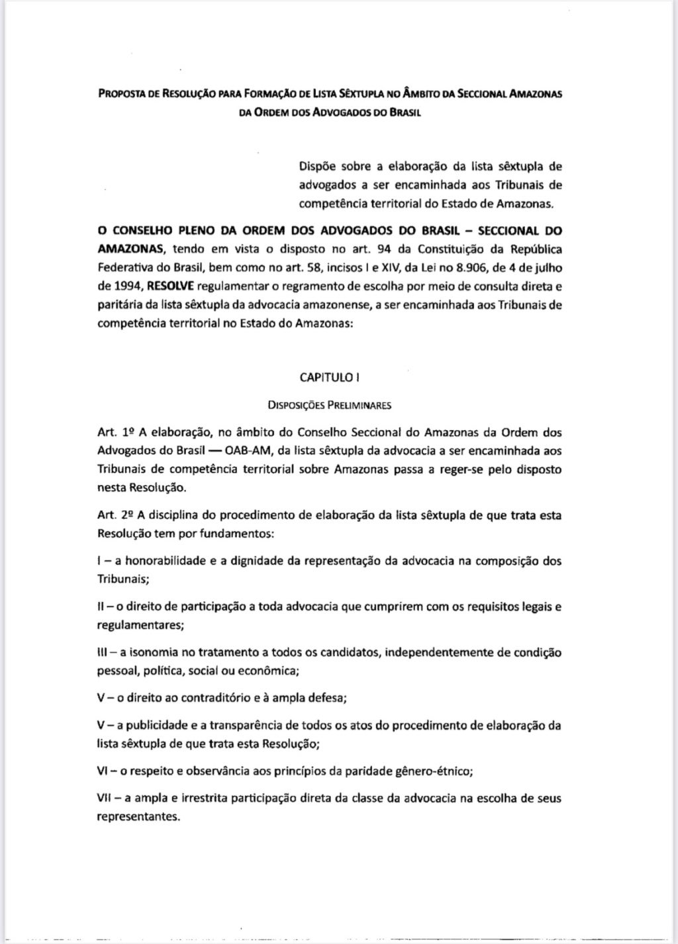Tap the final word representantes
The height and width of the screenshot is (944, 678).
[x=137, y=816]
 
